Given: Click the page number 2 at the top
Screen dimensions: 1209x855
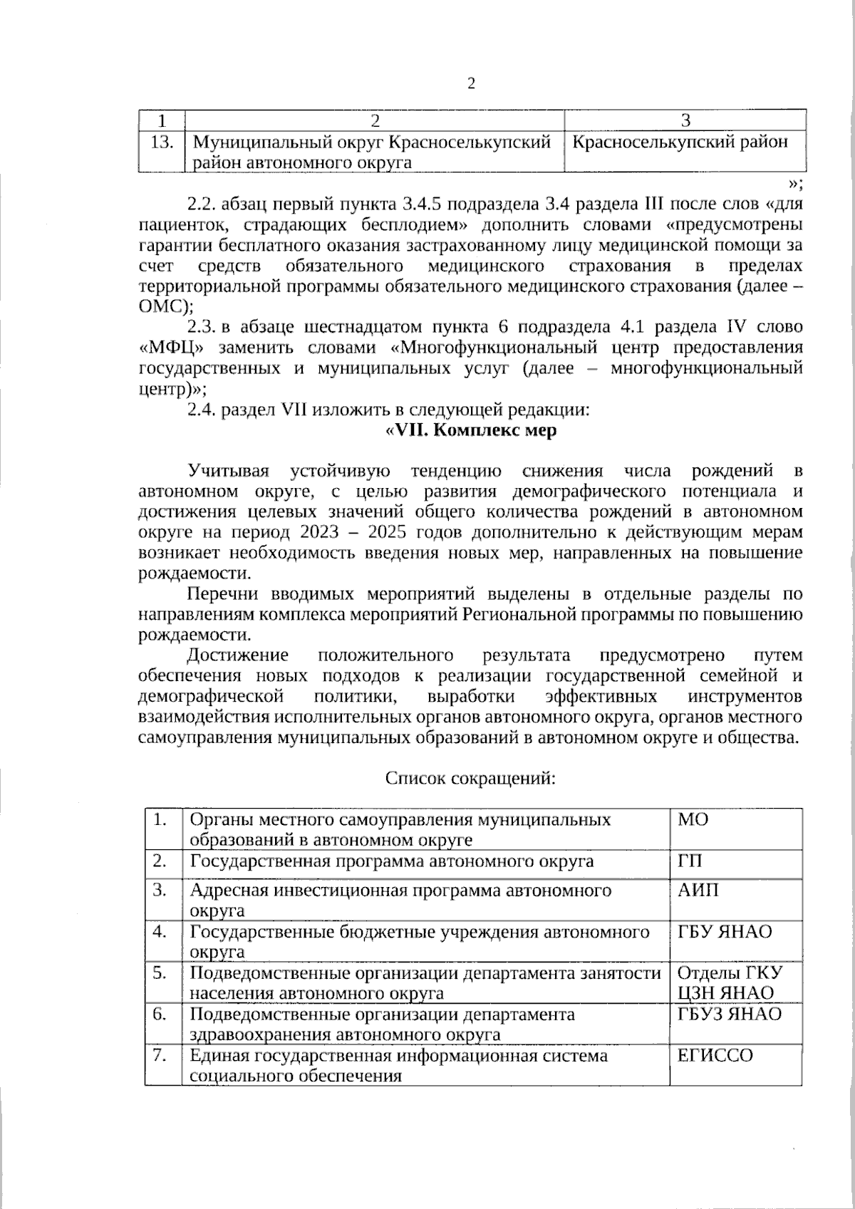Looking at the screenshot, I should pyautogui.click(x=470, y=84).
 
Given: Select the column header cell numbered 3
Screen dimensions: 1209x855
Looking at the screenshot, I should pyautogui.click(x=685, y=120).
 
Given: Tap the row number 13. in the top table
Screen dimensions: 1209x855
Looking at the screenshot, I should pyautogui.click(x=162, y=142).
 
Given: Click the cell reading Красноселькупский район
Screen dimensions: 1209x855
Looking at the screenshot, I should pyautogui.click(x=680, y=142).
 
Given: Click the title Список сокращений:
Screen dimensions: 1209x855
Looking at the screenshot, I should pyautogui.click(x=470, y=778).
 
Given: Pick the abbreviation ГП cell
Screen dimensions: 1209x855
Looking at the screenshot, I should pyautogui.click(x=689, y=861).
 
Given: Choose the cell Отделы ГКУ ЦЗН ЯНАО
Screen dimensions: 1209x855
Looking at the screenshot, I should pyautogui.click(x=729, y=983).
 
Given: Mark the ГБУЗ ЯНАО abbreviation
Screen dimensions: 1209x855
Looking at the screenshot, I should pyautogui.click(x=729, y=1015).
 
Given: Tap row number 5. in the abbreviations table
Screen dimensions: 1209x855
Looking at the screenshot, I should pyautogui.click(x=160, y=973).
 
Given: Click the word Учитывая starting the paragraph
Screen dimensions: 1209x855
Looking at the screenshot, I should pyautogui.click(x=229, y=472).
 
